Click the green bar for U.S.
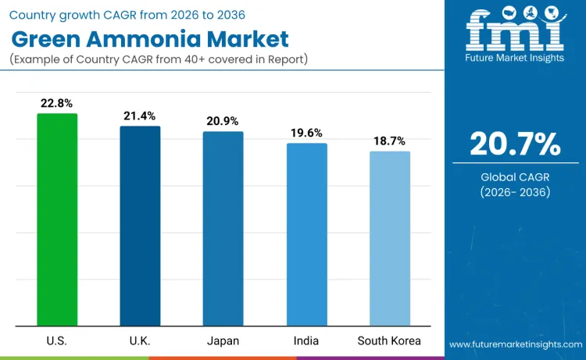click(57, 219)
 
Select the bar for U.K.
click(140, 226)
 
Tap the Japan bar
click(223, 228)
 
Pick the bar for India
click(306, 234)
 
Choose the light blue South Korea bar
click(389, 238)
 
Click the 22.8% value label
click(57, 103)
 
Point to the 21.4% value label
click(140, 116)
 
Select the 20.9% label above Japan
click(223, 121)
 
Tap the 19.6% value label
click(306, 133)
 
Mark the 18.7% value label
click(389, 141)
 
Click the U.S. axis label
click(57, 340)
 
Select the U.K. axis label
click(140, 340)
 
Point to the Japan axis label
click(223, 340)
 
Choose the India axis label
click(306, 340)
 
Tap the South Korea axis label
click(389, 340)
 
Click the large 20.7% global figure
click(515, 143)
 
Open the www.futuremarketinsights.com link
click(515, 344)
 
